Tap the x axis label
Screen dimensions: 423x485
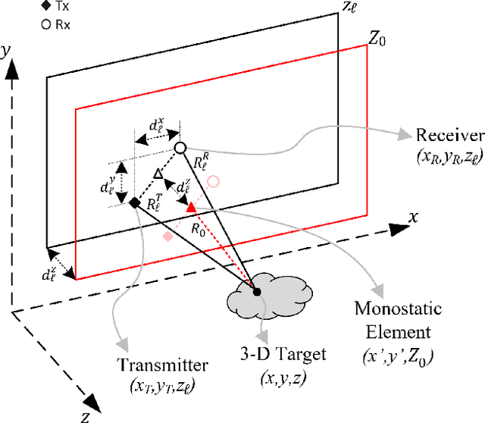414,216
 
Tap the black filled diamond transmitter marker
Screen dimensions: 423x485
134,202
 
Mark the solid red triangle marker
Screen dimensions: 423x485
191,206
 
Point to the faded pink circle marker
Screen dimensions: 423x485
214,181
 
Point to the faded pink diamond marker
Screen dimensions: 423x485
167,237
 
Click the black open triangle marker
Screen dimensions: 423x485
158,175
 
